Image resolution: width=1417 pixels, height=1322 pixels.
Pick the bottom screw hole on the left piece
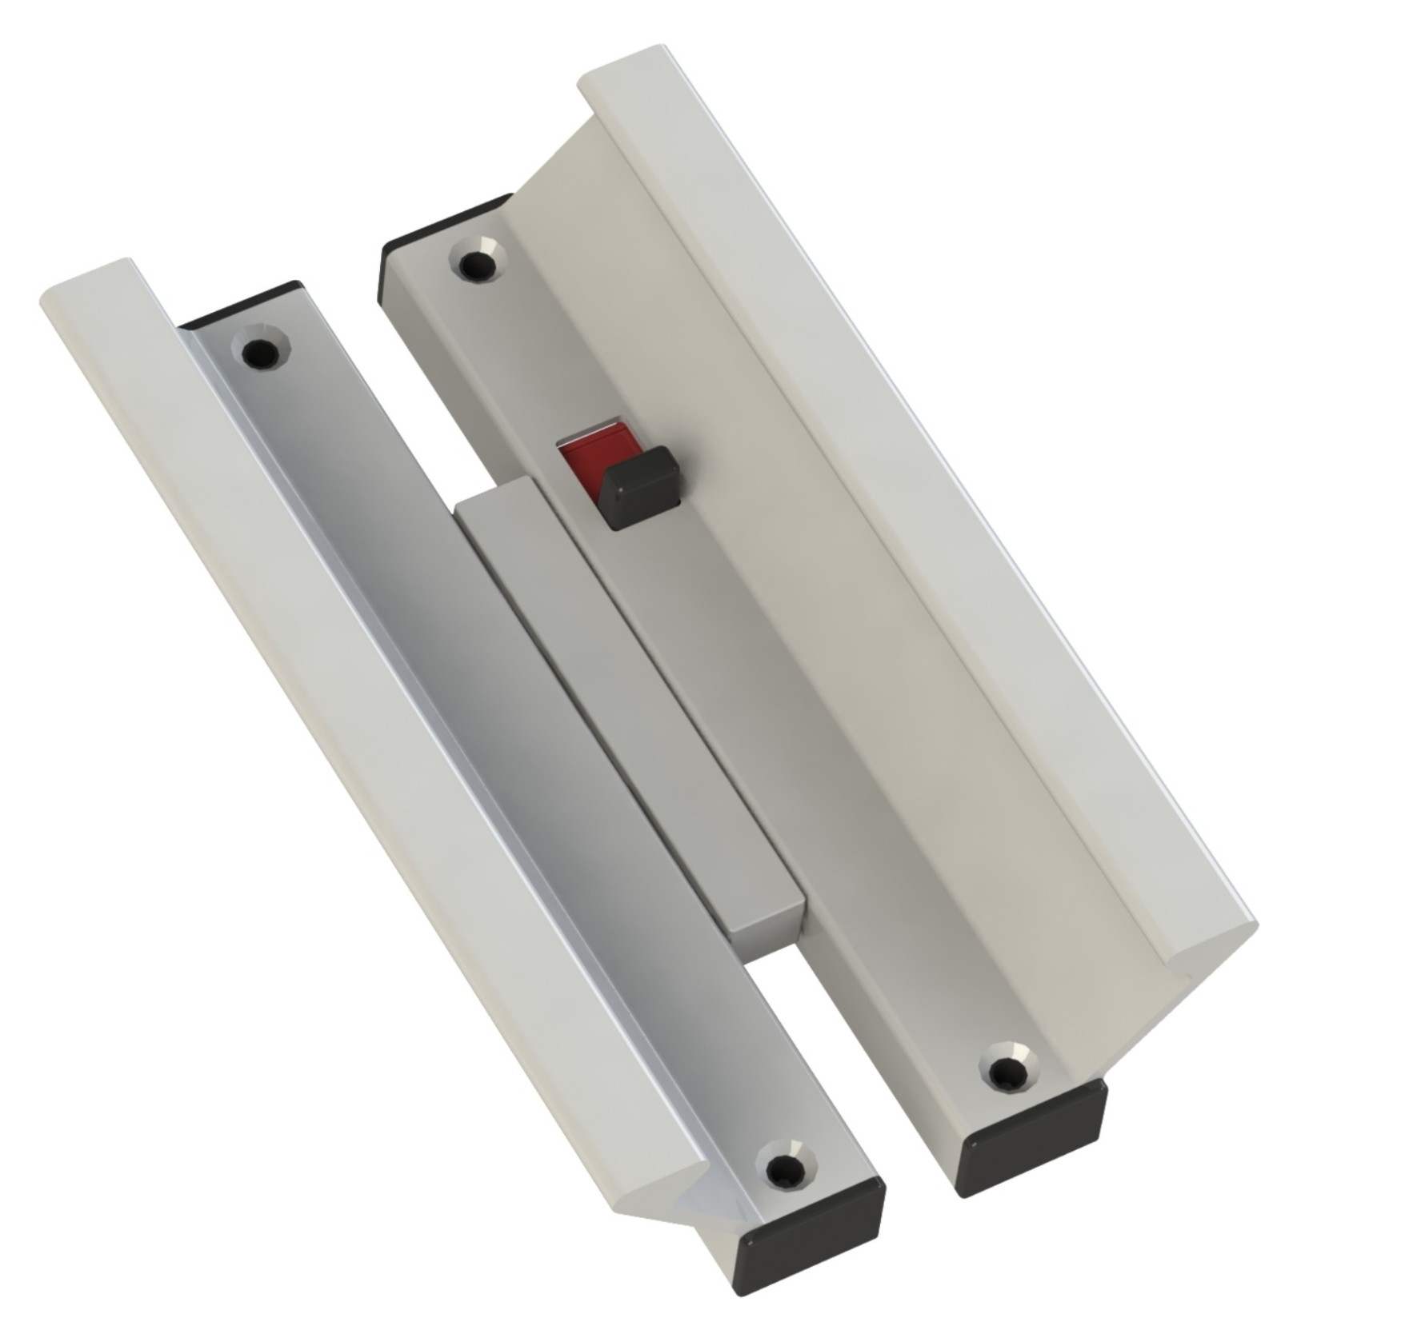781,1172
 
